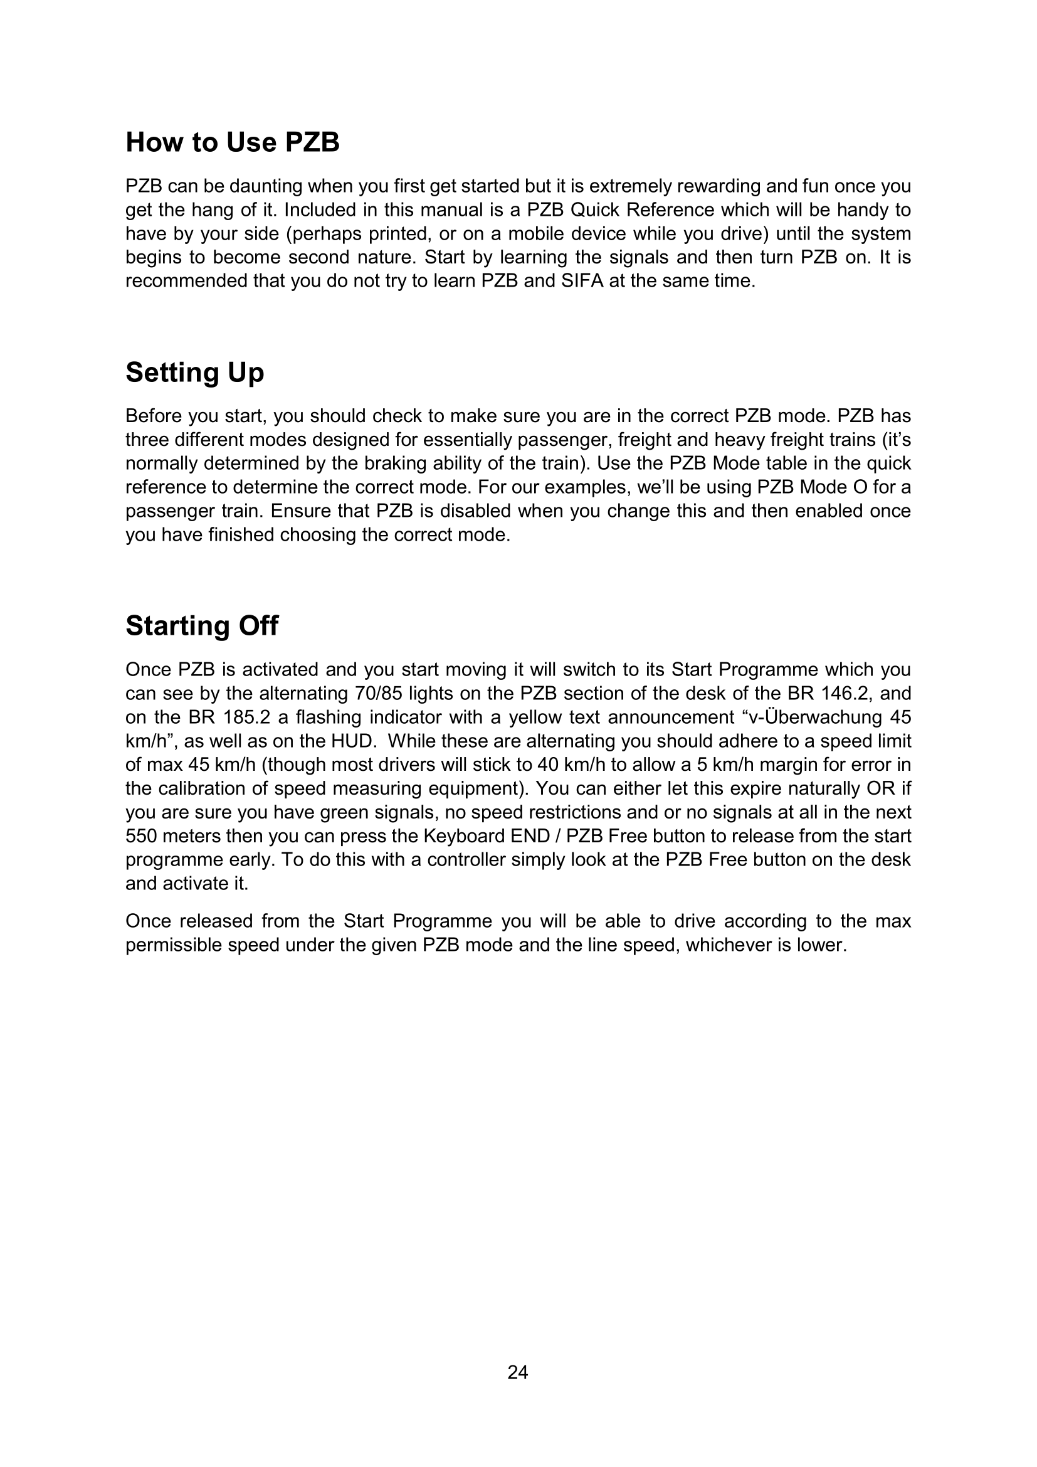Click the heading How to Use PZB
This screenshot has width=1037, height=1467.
pos(233,142)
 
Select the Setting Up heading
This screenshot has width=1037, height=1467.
pos(195,372)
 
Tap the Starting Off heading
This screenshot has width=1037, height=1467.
pos(202,625)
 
